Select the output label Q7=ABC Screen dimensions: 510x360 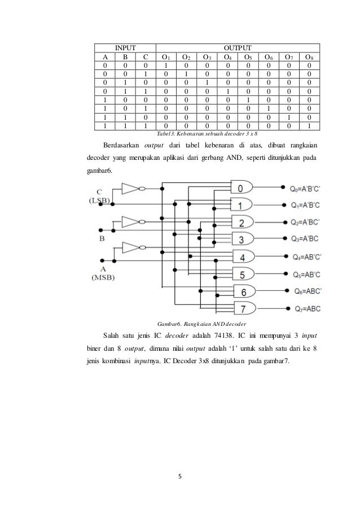coord(308,309)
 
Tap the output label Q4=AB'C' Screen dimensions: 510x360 coord(307,257)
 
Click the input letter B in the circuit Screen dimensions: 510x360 coord(103,239)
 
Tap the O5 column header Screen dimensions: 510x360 coord(246,57)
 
